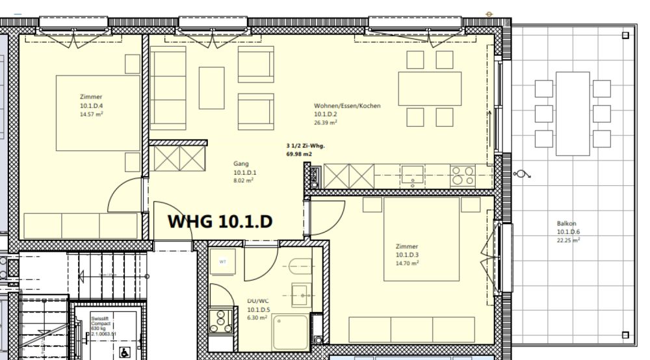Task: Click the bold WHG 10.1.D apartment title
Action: (x=220, y=222)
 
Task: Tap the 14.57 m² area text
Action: (x=91, y=113)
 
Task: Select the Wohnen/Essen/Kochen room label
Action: (x=346, y=106)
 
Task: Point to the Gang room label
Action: (x=241, y=164)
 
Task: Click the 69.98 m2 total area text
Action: (x=299, y=155)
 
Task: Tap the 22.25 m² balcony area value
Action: (x=567, y=240)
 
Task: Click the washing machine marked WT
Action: (x=222, y=263)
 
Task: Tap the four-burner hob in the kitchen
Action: (x=463, y=175)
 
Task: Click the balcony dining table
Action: (x=573, y=113)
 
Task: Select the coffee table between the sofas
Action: (x=212, y=88)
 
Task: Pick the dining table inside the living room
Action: (x=430, y=88)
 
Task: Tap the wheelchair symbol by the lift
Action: (x=123, y=352)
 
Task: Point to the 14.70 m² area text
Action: (x=407, y=263)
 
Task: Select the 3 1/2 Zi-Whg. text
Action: (x=305, y=146)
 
